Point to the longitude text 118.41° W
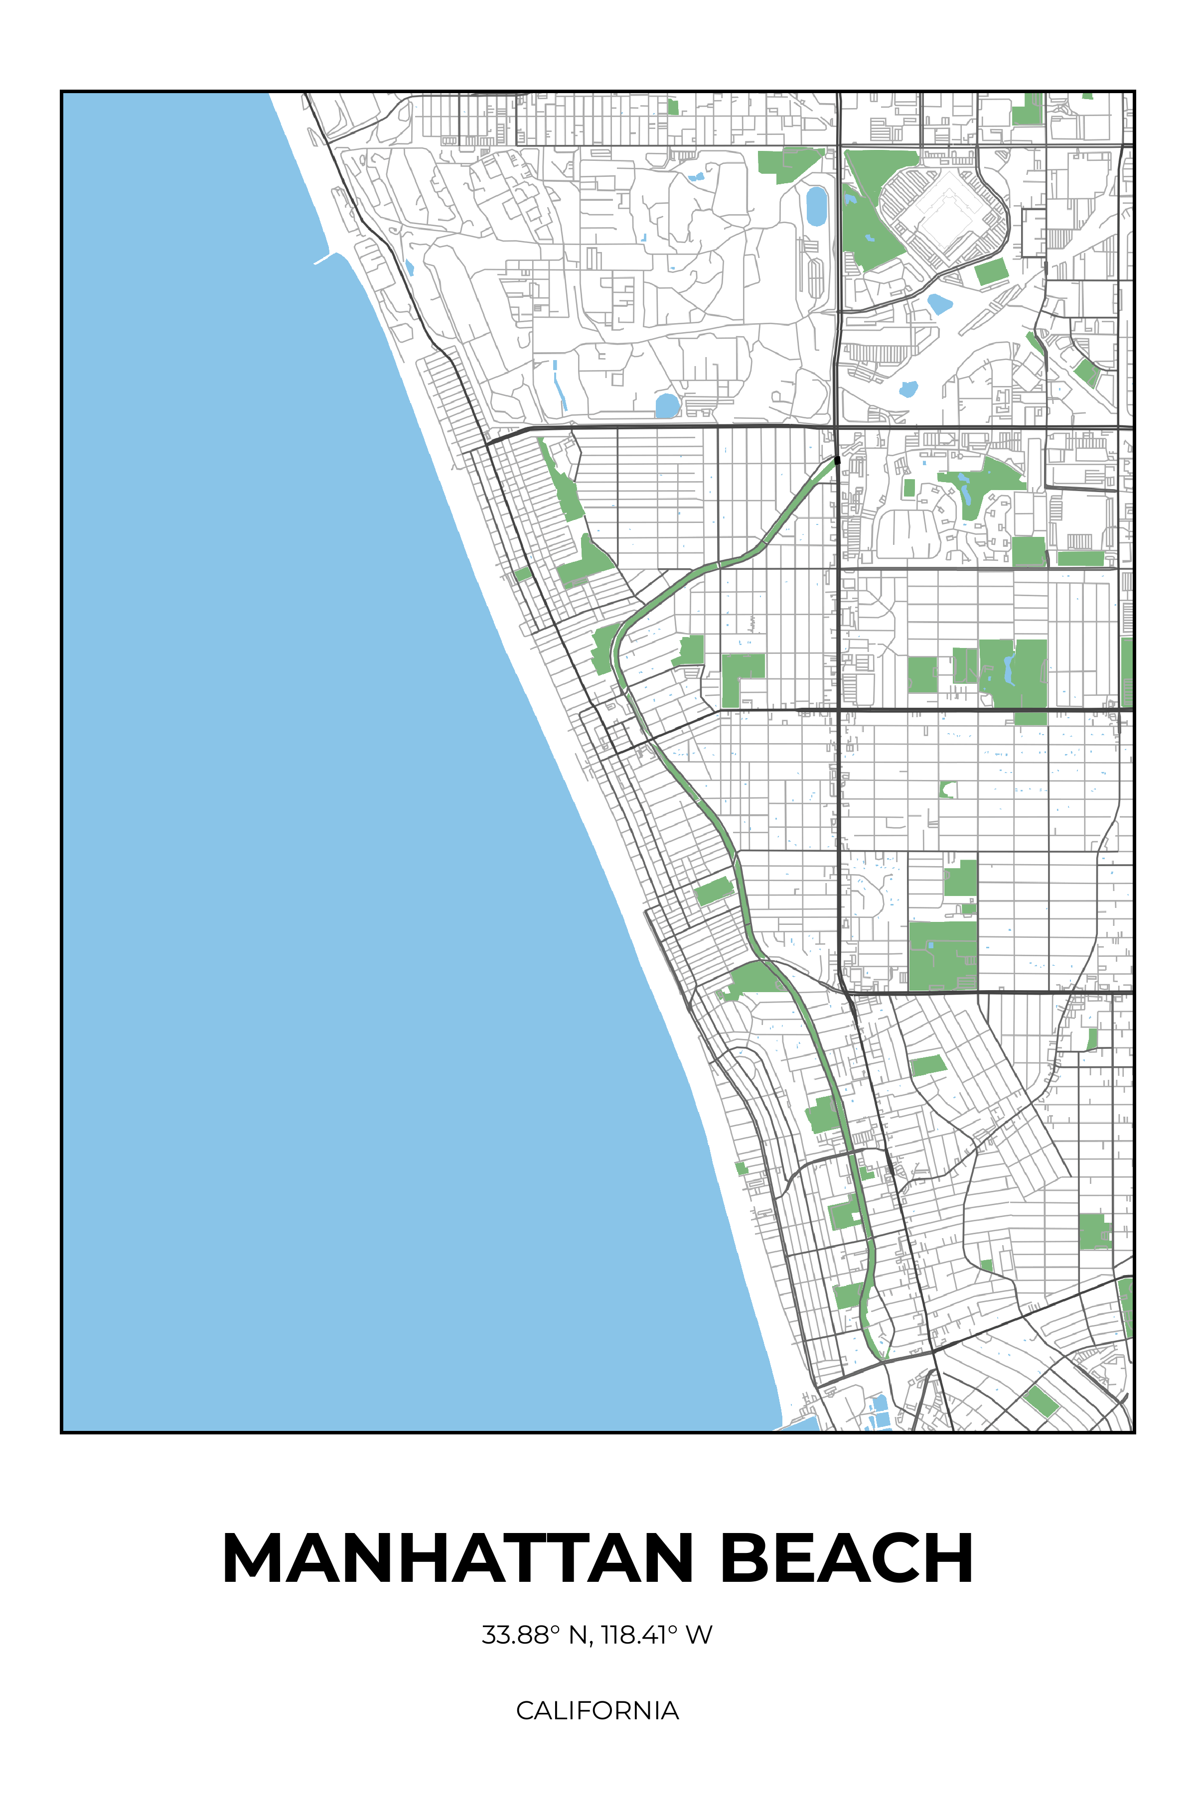(656, 1635)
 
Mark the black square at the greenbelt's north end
(837, 460)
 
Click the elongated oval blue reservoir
(816, 206)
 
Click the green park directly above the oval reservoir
(789, 164)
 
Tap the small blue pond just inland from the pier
(410, 267)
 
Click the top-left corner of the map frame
(62, 92)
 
